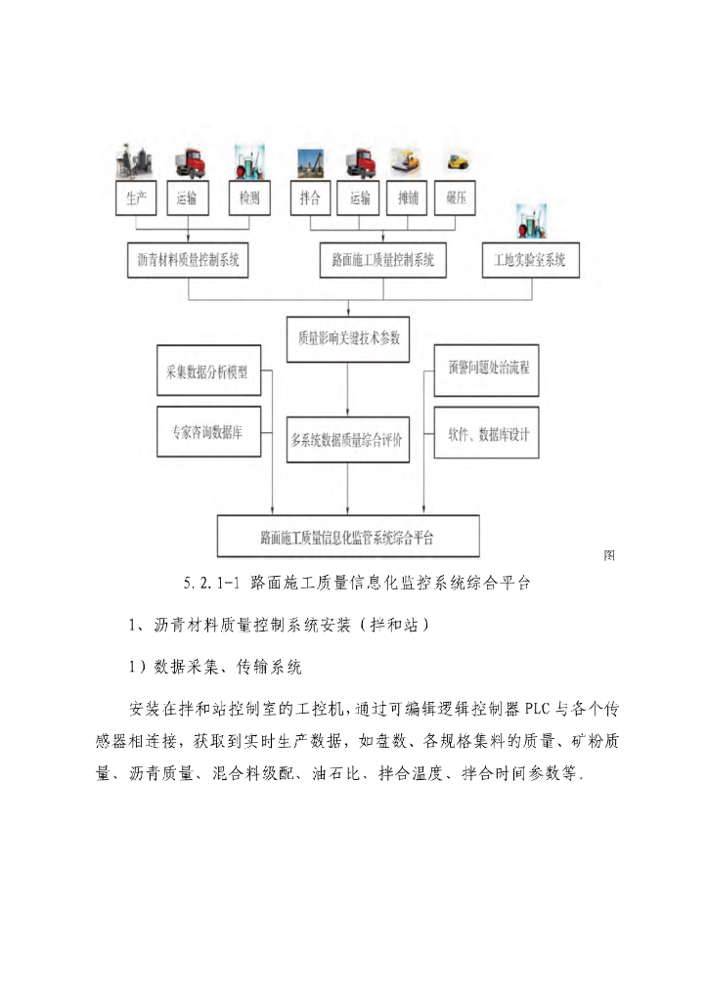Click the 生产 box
click(x=136, y=198)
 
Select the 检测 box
click(x=249, y=198)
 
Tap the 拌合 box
click(x=311, y=198)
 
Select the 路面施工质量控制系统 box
click(x=383, y=260)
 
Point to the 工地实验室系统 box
click(x=530, y=260)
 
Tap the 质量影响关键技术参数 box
click(x=349, y=338)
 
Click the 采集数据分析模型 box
click(x=208, y=371)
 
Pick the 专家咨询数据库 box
click(x=208, y=431)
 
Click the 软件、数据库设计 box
click(x=486, y=431)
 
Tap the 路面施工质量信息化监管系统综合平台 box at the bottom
click(x=347, y=536)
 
